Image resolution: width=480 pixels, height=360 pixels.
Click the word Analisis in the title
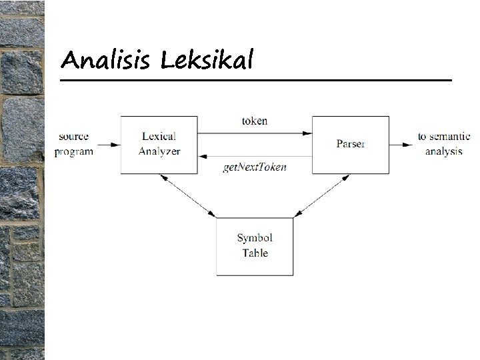tap(107, 61)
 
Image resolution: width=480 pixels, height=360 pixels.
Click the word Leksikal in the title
tap(207, 61)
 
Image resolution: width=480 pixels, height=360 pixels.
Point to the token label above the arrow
tap(255, 121)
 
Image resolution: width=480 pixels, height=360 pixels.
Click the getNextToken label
tap(255, 167)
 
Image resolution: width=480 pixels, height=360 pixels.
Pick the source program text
tap(73, 144)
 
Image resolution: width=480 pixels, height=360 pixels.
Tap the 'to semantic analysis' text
tap(443, 144)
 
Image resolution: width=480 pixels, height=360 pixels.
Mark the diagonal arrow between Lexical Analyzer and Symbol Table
tap(188, 196)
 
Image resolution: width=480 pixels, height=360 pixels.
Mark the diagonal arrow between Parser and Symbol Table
tap(322, 196)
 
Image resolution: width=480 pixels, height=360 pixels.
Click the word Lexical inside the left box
tap(159, 137)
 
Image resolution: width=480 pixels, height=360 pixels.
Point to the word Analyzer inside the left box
tap(159, 151)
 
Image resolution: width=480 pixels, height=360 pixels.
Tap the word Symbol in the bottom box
tap(255, 238)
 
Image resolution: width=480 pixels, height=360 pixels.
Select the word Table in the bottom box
tap(255, 253)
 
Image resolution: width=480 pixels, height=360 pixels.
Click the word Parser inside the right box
tap(351, 144)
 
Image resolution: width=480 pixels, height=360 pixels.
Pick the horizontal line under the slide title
tap(256, 80)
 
